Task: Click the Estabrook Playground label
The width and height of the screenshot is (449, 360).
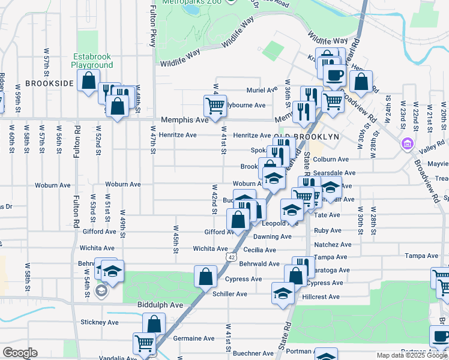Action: pos(92,61)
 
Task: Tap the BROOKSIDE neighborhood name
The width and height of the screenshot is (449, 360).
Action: pos(50,83)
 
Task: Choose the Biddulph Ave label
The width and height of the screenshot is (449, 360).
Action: pos(160,305)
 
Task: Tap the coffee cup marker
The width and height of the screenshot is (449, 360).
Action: pos(334,76)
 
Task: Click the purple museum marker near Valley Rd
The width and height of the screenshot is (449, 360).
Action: pos(407,144)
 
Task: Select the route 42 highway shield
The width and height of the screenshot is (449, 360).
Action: pos(231,257)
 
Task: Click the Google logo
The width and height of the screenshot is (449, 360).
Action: pos(20,353)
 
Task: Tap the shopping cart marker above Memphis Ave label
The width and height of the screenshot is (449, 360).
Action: pos(215,106)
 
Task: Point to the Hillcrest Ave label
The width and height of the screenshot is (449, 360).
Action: pos(321,296)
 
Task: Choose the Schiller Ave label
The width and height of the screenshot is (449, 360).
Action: pos(230,294)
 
